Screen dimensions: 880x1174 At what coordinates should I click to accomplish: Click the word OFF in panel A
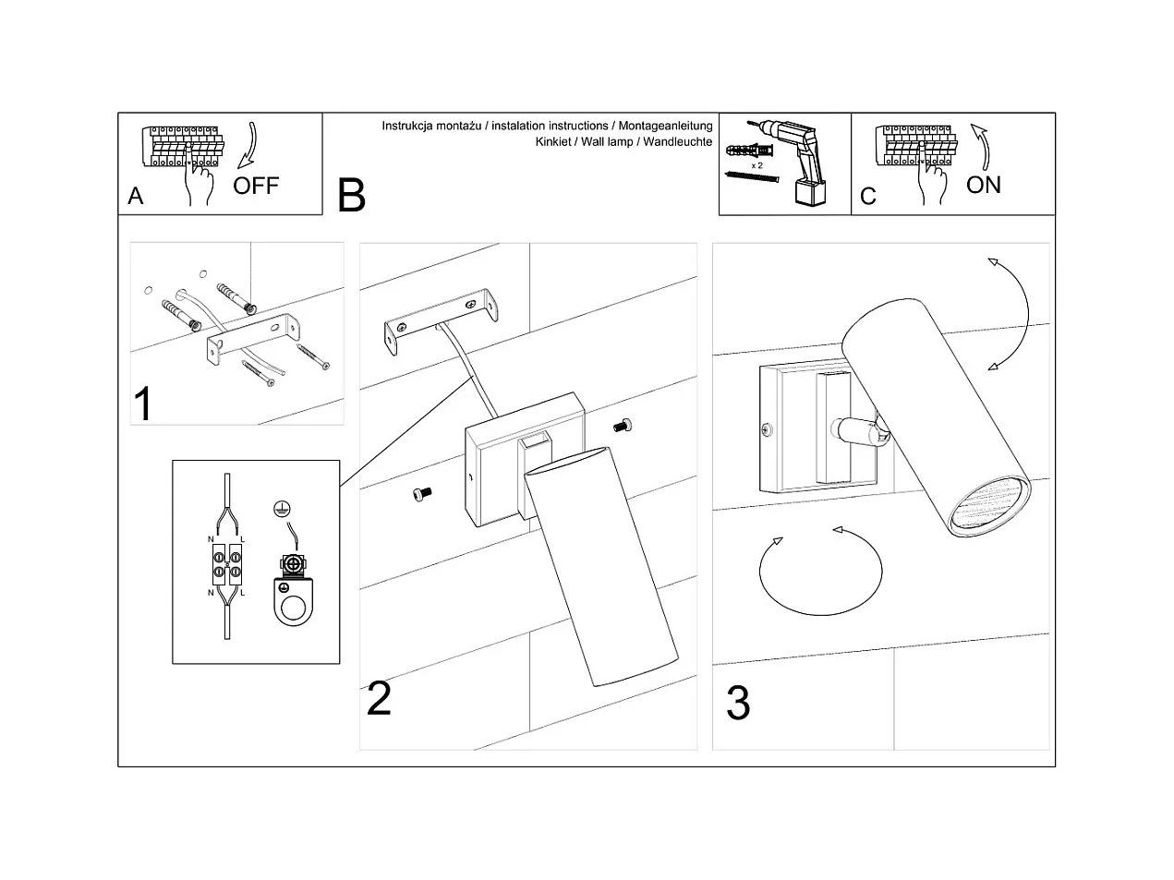pos(255,186)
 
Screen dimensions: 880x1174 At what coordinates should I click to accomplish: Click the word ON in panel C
pos(983,185)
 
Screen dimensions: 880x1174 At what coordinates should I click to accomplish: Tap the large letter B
pos(351,195)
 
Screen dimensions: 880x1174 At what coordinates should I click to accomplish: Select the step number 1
pos(143,404)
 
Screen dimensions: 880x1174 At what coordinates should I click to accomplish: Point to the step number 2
pos(379,698)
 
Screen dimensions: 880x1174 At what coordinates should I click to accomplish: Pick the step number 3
pos(737,704)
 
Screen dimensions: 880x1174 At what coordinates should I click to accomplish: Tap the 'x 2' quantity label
pos(756,164)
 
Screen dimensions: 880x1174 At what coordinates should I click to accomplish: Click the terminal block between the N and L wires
pos(227,564)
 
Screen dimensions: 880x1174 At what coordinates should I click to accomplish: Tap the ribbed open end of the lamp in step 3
pos(988,505)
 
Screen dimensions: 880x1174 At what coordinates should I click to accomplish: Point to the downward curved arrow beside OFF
pos(251,148)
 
